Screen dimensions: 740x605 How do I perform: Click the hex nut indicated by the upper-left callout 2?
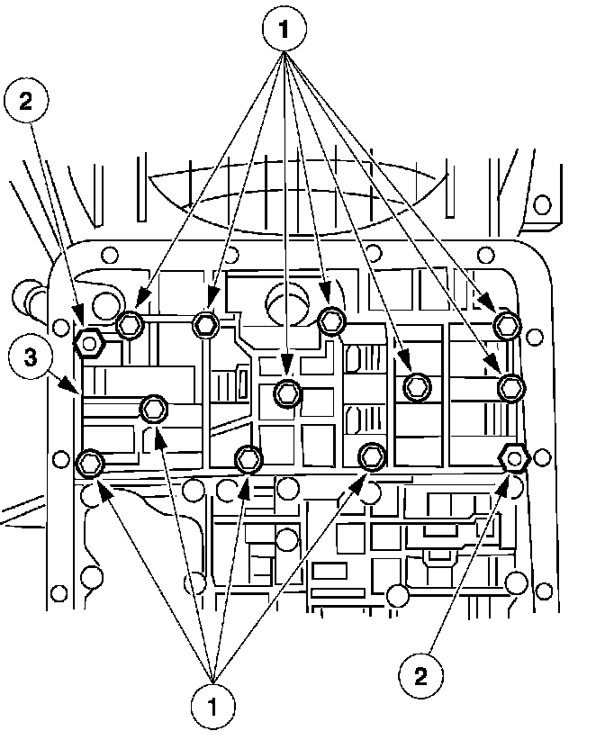coord(88,341)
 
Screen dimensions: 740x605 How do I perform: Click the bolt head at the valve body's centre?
coord(287,392)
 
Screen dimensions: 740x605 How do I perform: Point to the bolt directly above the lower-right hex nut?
coord(511,387)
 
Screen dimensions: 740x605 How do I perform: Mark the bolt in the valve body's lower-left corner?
coord(90,464)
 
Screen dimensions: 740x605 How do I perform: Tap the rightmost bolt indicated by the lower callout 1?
coord(370,456)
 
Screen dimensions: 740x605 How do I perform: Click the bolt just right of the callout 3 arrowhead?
coord(154,410)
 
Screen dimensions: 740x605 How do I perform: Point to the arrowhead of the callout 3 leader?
coord(78,390)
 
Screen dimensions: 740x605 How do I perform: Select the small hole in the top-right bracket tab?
coord(542,204)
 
